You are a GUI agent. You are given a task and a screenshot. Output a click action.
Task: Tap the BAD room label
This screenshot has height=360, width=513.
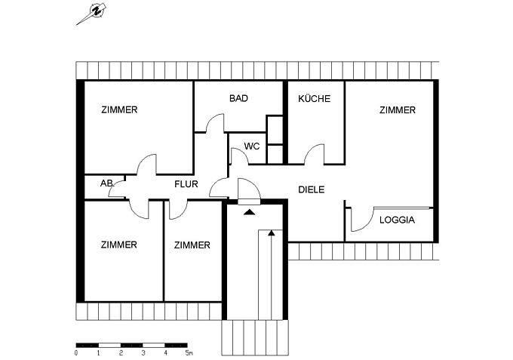click(x=239, y=98)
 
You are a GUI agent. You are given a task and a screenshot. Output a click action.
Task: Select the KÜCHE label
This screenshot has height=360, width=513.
click(x=314, y=98)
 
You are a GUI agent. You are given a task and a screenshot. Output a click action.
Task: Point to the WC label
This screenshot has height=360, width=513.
click(x=252, y=146)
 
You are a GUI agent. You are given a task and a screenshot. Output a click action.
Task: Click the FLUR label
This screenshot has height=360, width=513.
click(x=186, y=183)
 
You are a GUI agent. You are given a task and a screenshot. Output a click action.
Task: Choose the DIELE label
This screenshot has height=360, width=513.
click(x=311, y=190)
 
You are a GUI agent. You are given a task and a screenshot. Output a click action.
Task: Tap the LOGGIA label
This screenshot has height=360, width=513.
click(x=396, y=220)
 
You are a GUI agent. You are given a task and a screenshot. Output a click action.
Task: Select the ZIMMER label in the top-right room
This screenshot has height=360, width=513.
click(x=398, y=110)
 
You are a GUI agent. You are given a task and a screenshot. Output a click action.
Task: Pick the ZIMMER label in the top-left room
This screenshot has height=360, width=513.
click(x=119, y=110)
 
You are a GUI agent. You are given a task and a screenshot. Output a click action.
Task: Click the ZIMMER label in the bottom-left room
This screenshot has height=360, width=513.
click(x=118, y=245)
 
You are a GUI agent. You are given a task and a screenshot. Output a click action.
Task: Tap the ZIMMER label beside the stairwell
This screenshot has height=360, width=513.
click(x=192, y=245)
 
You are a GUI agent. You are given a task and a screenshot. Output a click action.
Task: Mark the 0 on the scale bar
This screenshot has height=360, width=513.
click(x=76, y=352)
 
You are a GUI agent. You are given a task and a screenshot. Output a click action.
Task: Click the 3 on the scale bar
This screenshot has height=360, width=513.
click(x=143, y=352)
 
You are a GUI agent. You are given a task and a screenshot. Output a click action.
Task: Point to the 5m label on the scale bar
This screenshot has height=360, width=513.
click(x=189, y=352)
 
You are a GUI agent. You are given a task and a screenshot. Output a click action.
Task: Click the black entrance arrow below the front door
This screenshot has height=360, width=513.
click(x=250, y=211)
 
